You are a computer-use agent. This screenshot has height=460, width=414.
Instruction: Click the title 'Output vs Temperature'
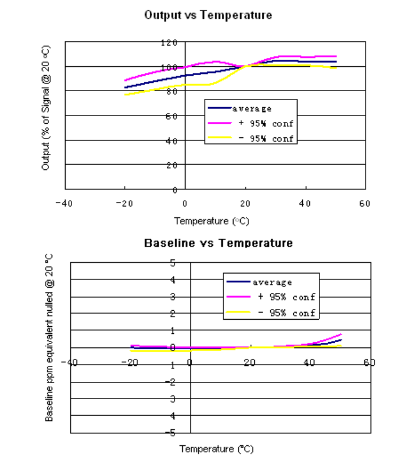point(208,15)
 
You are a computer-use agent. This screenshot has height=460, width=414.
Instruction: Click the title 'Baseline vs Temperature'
point(218,243)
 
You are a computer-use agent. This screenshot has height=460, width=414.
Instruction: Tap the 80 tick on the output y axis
point(171,91)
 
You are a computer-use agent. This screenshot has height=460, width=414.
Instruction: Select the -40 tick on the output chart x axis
point(63,204)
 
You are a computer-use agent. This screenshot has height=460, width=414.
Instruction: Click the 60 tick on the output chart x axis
point(364,204)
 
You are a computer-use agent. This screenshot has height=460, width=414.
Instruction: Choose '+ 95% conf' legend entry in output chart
point(263,124)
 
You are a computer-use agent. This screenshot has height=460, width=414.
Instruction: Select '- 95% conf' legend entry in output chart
point(263,139)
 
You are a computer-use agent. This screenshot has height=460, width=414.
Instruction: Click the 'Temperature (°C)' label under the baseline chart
point(216,449)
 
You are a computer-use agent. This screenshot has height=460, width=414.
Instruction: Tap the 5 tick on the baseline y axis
point(173,262)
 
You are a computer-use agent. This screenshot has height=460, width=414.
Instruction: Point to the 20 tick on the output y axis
point(172,165)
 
